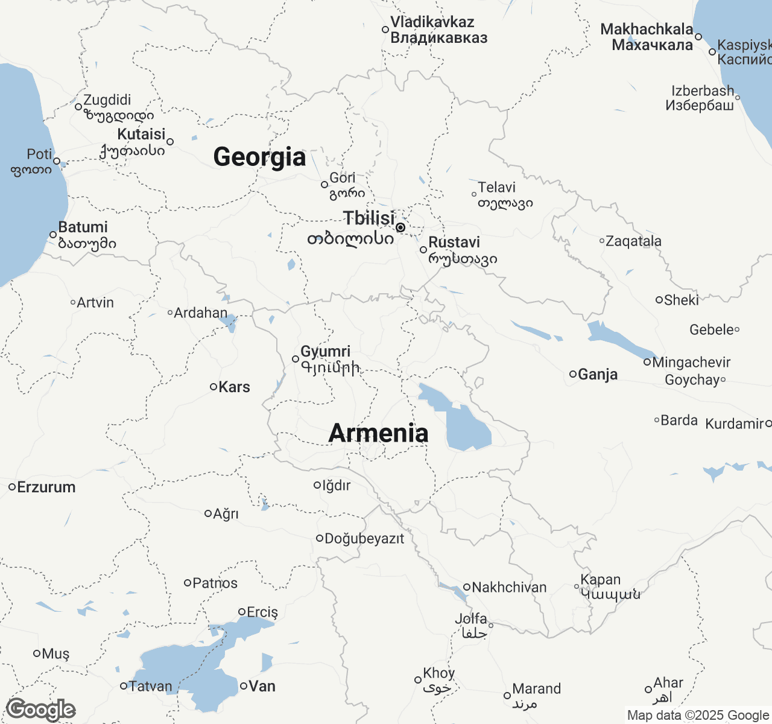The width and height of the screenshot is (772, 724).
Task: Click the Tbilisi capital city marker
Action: coord(400,227)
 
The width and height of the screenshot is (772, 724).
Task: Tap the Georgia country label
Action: coord(259,157)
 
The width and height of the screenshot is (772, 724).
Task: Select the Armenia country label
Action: coord(378,433)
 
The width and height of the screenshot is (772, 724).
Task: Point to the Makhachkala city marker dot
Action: coord(698,37)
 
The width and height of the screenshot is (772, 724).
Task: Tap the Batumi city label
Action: coord(83,227)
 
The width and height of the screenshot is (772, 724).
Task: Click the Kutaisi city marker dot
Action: coord(170,142)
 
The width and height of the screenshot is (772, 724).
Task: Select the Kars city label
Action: coord(234,387)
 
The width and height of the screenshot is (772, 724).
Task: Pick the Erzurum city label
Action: coord(46,487)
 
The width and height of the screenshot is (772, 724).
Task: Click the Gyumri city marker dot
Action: coord(296,359)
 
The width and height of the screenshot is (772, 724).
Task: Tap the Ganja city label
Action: coord(598,375)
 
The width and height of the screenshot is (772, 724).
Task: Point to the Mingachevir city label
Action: coord(691,363)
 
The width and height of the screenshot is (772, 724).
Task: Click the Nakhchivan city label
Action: coord(509,587)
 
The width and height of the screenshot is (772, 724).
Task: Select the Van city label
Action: coord(262,686)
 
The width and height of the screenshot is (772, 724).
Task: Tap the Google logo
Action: coord(41,710)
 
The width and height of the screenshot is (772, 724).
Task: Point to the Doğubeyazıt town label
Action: coord(364,539)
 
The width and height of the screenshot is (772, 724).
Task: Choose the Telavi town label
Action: coord(497,188)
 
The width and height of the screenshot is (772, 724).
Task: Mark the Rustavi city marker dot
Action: coord(423,250)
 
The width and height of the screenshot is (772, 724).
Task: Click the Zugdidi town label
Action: coord(107,100)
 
